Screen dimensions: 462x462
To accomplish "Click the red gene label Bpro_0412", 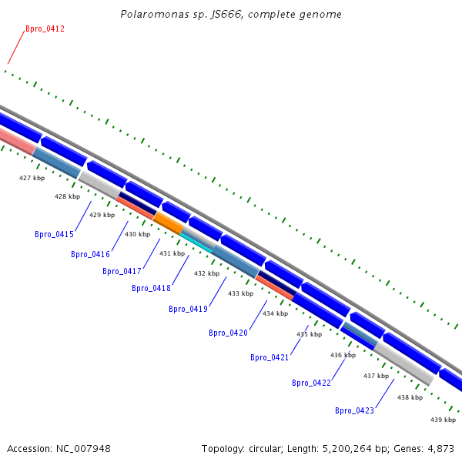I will click(x=45, y=29).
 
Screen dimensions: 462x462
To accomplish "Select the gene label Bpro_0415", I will click(x=54, y=235).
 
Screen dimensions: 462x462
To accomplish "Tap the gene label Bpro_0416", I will click(x=90, y=255).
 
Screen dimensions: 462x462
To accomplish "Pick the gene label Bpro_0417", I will click(x=122, y=272).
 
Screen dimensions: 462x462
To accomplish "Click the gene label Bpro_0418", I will click(x=151, y=289).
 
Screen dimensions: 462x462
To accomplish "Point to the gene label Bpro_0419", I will click(x=188, y=310).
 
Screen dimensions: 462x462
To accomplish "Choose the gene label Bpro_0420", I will click(x=228, y=333).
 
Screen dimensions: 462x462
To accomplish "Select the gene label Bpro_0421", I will click(x=269, y=358).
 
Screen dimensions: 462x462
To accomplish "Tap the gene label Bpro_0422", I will click(x=311, y=383).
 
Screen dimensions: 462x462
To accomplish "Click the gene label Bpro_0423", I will click(x=354, y=411).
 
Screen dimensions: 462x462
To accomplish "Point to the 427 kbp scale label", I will click(x=32, y=178).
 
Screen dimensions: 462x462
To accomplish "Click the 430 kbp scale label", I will click(x=138, y=234).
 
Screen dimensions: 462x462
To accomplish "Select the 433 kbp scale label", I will click(x=240, y=293).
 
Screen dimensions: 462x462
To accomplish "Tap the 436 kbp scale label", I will click(x=343, y=355).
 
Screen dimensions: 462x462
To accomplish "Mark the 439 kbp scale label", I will click(x=443, y=420).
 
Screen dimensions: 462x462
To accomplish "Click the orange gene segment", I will click(x=168, y=223).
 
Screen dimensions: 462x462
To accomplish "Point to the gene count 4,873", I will click(x=440, y=448).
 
